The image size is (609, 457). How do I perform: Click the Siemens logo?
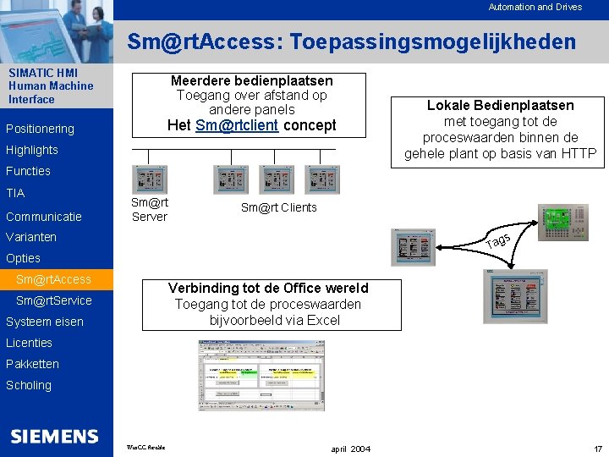[x=54, y=436]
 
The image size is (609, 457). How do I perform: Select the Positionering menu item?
[x=40, y=129]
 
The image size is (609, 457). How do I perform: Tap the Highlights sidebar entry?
[x=32, y=150]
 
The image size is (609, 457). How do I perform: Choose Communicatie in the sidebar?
[x=44, y=216]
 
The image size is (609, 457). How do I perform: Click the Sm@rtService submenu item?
[x=53, y=300]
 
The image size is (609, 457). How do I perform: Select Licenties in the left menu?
[x=29, y=343]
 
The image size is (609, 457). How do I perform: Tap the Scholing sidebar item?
[x=29, y=385]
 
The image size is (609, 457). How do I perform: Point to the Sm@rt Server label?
[x=150, y=210]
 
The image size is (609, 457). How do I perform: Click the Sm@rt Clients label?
[x=278, y=207]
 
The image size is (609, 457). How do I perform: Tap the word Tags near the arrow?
[x=497, y=240]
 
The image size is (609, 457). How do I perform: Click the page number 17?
[x=597, y=448]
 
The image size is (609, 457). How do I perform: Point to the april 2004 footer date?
[x=350, y=448]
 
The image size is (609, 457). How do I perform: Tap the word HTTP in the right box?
[x=578, y=153]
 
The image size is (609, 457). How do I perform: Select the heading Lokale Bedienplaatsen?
[x=500, y=105]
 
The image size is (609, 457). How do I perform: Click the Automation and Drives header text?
[x=535, y=7]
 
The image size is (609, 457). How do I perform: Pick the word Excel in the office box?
[x=322, y=320]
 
